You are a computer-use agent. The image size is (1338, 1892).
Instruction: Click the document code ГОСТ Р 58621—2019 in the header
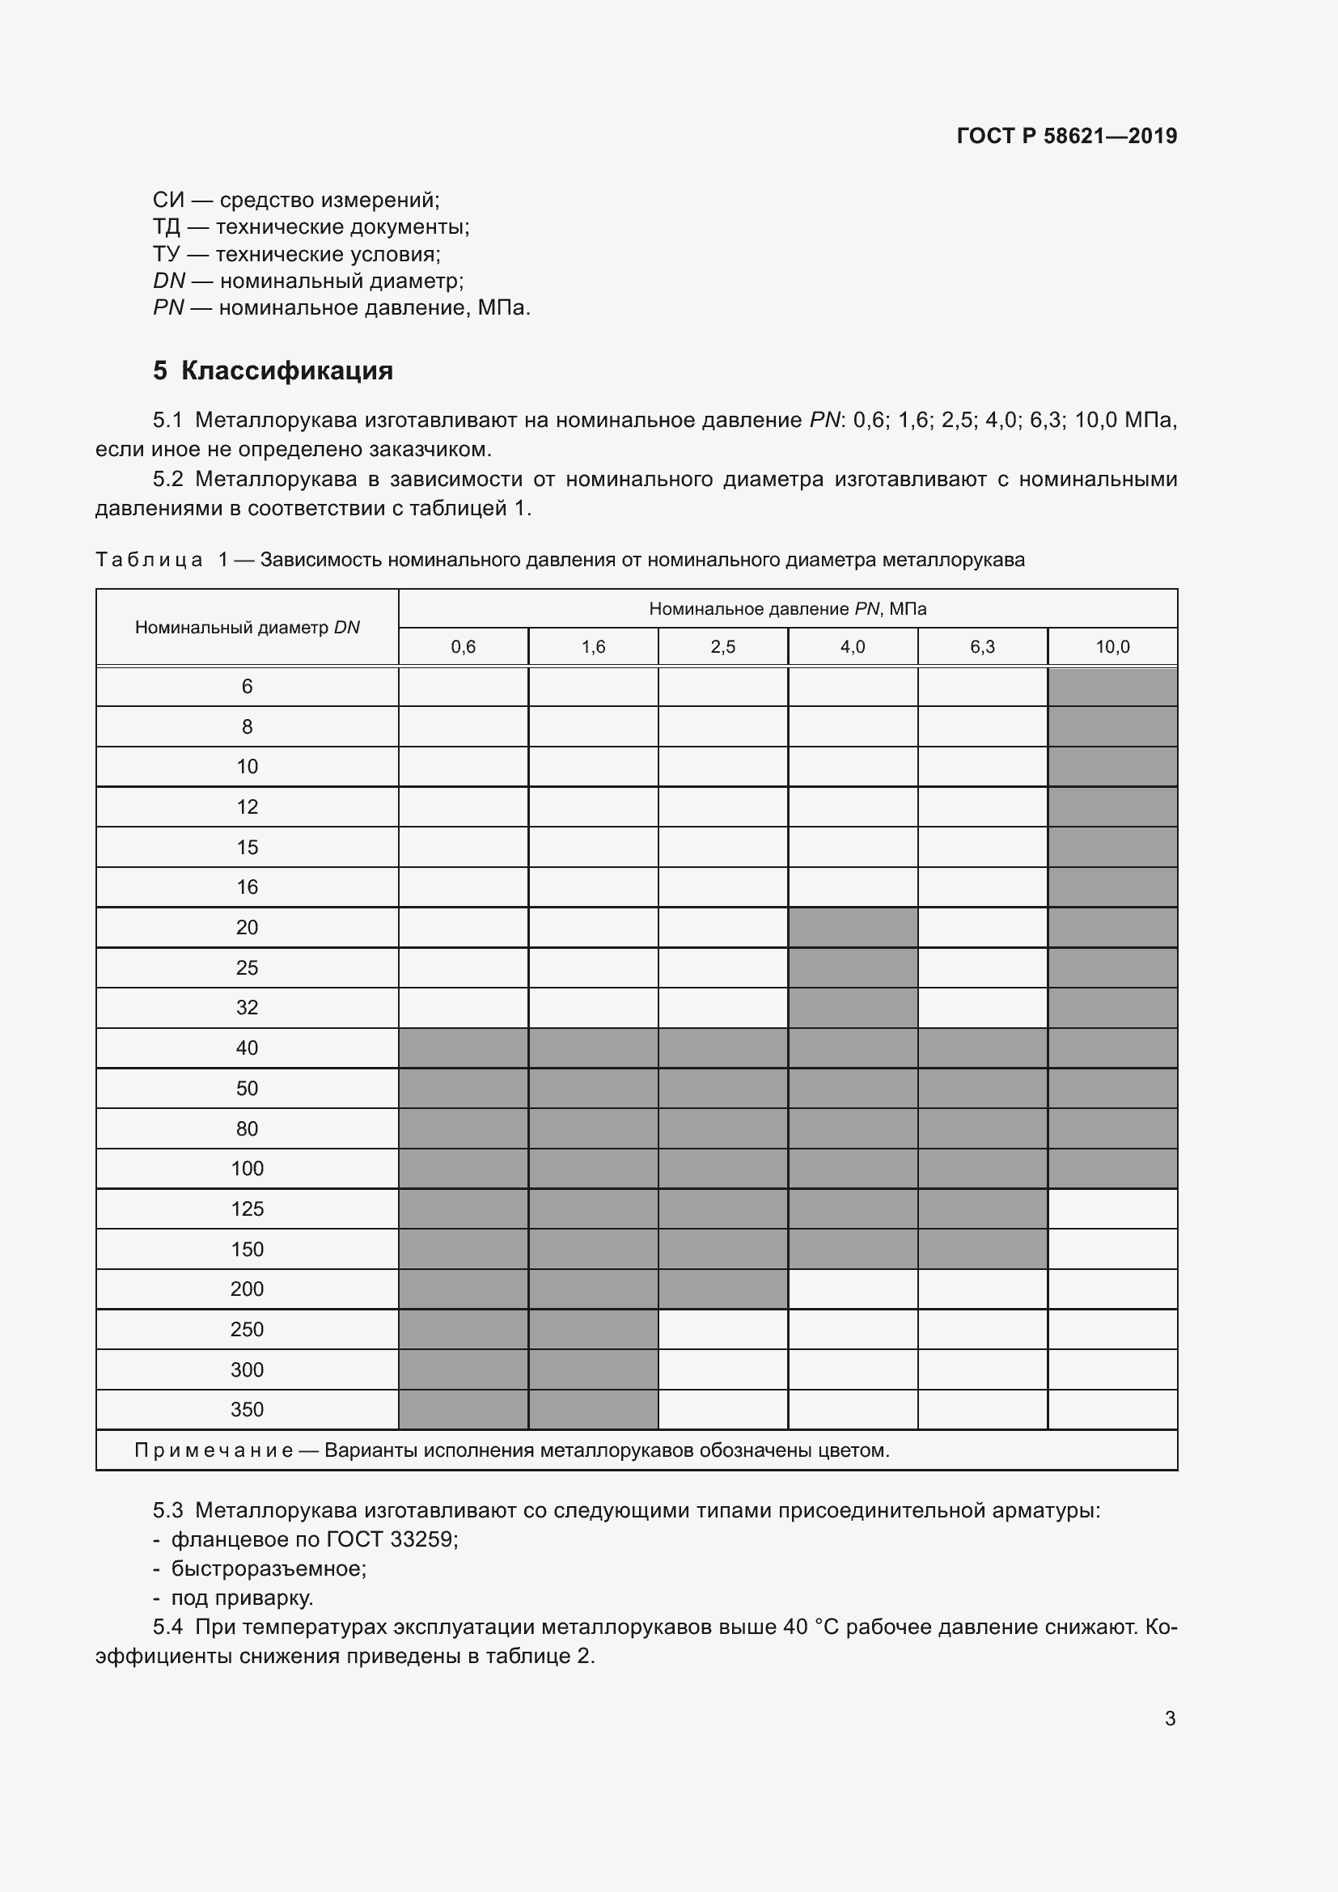pos(1066,136)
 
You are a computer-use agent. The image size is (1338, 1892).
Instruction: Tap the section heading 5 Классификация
pos(273,370)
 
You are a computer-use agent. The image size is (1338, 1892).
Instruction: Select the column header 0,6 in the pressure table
pos(463,647)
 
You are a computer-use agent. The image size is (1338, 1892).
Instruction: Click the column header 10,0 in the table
pos(1111,647)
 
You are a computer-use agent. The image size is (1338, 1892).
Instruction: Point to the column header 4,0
pos(852,647)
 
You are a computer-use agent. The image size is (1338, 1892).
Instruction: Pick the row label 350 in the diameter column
pos(248,1409)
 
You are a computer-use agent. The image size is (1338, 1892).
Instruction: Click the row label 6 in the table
pos(248,687)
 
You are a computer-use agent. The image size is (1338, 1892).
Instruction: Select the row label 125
pos(248,1208)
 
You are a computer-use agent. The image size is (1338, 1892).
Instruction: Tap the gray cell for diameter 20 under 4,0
pos(852,927)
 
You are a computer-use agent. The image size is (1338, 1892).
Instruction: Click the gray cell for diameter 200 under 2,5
pos(722,1289)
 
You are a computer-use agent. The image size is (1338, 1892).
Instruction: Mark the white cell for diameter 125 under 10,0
pos(1111,1208)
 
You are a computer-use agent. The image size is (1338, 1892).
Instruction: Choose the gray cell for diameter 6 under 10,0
pos(1111,687)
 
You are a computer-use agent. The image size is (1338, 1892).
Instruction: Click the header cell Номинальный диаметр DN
pos(248,627)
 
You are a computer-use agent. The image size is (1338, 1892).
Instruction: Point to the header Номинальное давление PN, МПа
pos(787,609)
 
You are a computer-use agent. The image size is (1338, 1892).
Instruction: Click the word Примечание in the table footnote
pos(214,1450)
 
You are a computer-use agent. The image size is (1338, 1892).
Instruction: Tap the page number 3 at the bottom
pos(1169,1718)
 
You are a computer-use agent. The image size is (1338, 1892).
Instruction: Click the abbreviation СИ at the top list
pos(168,201)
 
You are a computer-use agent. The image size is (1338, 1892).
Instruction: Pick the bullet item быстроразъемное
pos(269,1568)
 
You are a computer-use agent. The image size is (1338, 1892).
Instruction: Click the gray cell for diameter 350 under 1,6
pos(592,1409)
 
